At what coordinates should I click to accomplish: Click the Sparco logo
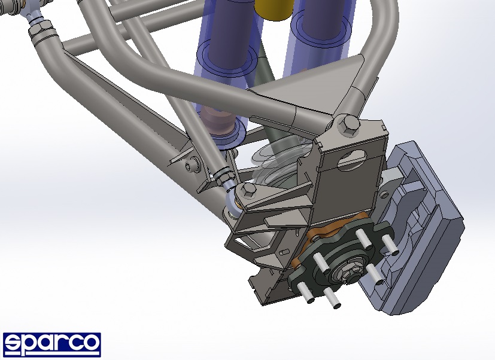[x=51, y=344]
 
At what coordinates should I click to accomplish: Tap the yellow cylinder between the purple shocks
[x=273, y=9]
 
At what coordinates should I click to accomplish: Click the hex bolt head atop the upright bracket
[x=348, y=125]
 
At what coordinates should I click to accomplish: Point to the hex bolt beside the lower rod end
[x=248, y=190]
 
